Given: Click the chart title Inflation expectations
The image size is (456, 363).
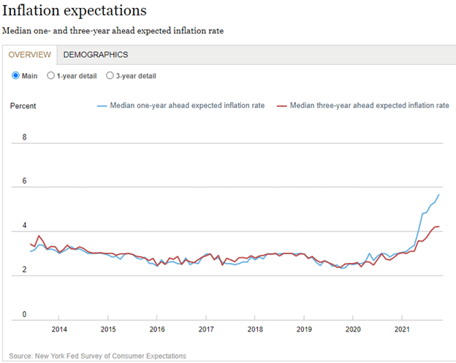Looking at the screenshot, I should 75,11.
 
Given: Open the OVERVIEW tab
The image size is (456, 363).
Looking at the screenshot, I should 30,55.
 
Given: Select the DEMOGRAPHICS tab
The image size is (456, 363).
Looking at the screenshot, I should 96,55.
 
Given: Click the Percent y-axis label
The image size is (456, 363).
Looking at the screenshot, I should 23,106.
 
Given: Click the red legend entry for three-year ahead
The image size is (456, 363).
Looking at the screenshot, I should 362,106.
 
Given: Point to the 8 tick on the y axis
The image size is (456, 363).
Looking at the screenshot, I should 24,137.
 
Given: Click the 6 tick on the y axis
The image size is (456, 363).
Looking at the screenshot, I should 24,181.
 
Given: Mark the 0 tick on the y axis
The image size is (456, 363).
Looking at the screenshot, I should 24,315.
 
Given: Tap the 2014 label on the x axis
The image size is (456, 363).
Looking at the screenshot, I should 59,329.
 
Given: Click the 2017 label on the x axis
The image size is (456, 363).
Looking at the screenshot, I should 206,329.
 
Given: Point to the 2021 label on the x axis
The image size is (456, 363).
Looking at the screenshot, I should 402,329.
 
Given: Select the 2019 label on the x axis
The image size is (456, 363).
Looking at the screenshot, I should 304,329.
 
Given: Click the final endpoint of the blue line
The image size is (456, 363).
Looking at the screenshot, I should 439,194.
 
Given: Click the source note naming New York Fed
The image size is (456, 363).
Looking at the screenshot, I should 98,356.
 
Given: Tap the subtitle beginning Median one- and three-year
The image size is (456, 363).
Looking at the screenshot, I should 113,31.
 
